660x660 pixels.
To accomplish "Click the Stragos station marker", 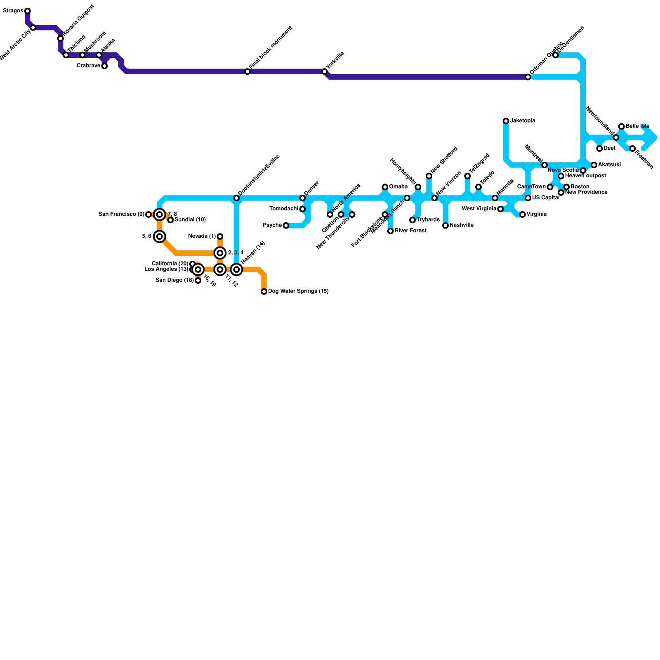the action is [x=27, y=11].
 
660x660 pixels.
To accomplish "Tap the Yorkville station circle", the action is [x=325, y=72].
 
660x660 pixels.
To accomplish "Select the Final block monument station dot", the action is [x=247, y=72].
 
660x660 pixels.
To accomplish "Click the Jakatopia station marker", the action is [x=506, y=121].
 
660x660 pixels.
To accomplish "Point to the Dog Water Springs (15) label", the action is [x=298, y=291].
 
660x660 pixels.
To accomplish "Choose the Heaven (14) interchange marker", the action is [x=236, y=270].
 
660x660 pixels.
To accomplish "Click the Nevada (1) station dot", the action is [x=220, y=236].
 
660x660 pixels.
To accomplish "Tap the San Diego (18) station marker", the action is [x=198, y=280].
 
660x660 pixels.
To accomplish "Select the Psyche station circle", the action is [x=286, y=225].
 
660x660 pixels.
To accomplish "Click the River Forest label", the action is [x=410, y=231].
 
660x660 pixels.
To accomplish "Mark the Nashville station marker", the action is [x=445, y=226].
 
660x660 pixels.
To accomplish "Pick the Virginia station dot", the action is [x=522, y=214].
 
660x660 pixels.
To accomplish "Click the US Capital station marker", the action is [x=528, y=198].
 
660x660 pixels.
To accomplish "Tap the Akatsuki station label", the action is [x=610, y=165].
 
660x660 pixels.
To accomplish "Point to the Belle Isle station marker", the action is [x=621, y=126].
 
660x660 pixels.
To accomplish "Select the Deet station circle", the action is [x=599, y=148].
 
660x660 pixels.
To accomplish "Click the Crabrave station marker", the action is [x=104, y=66].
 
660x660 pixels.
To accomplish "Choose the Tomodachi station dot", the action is [x=302, y=209].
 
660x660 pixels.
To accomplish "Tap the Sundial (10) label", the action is [x=190, y=219].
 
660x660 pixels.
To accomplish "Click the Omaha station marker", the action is [x=385, y=187].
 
